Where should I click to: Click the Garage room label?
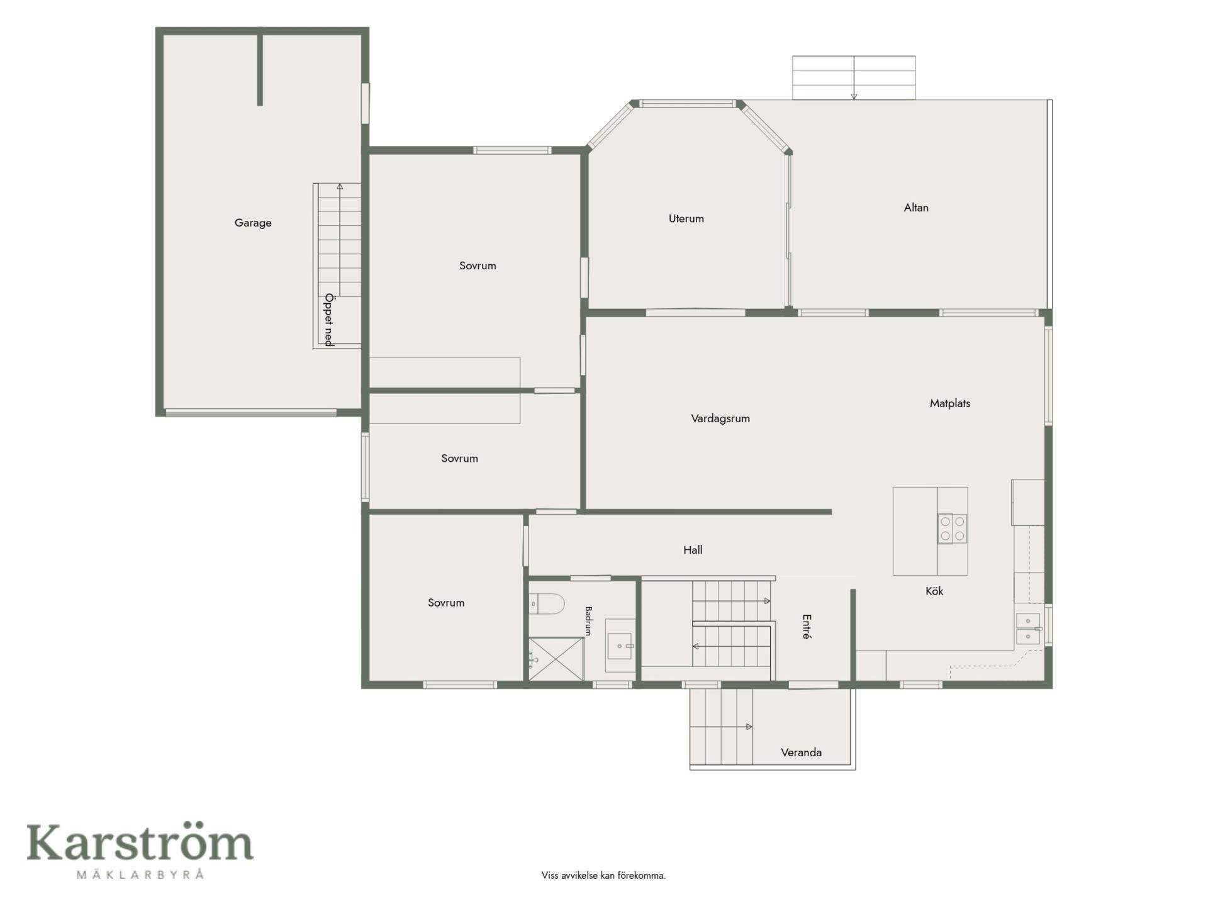[x=253, y=223]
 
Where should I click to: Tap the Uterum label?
[x=686, y=219]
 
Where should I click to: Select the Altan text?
[x=916, y=208]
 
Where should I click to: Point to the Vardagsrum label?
[x=720, y=418]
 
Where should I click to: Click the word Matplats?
[x=950, y=403]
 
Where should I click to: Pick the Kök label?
[x=934, y=591]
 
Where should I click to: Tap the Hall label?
[x=693, y=550]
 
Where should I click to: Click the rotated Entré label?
[x=807, y=627]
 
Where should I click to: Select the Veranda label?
[x=801, y=752]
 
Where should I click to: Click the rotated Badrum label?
[x=589, y=621]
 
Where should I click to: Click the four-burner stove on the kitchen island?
[x=952, y=528]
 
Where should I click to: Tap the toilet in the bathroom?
[x=547, y=604]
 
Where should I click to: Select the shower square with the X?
[x=556, y=659]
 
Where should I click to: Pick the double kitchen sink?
[x=1029, y=629]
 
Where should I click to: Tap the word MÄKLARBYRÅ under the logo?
[x=140, y=875]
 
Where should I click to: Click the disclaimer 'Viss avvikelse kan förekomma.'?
[x=603, y=875]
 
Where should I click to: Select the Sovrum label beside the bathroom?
[x=446, y=603]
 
